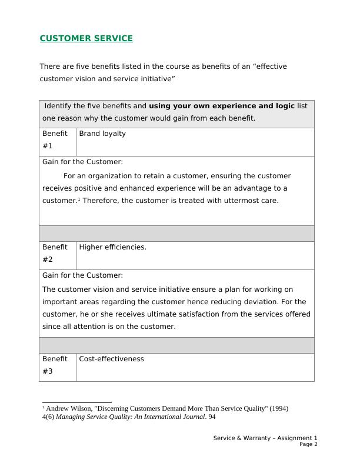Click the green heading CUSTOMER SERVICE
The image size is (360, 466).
(x=86, y=39)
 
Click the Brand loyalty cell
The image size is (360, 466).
(x=102, y=134)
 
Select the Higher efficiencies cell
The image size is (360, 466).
(x=112, y=247)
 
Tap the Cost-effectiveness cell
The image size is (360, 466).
(x=111, y=359)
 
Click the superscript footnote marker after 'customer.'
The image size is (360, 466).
(x=79, y=198)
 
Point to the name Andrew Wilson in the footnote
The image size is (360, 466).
(x=68, y=408)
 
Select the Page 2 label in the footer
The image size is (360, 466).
(x=308, y=445)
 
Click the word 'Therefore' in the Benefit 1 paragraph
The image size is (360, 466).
(x=101, y=201)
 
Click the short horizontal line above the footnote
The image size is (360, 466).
(x=76, y=403)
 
